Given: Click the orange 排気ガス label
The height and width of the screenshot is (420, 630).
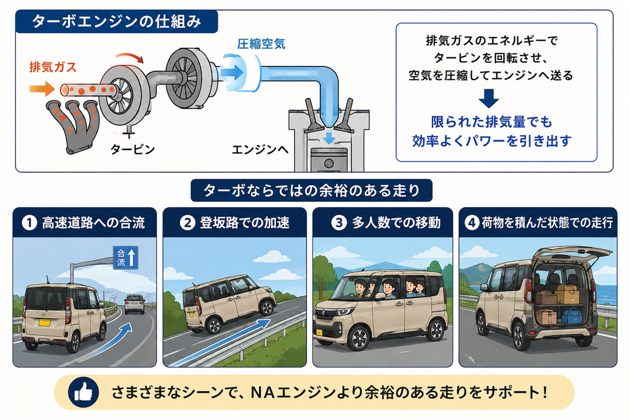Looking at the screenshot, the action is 53,66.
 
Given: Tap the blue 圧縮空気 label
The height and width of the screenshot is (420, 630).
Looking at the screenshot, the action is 261,44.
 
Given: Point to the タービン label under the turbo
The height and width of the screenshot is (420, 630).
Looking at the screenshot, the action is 133,149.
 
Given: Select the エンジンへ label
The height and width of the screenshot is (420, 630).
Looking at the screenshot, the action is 260,150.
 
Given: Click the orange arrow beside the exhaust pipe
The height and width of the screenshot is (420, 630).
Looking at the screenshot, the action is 42,89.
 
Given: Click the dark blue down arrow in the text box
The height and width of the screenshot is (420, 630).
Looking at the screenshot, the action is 488,99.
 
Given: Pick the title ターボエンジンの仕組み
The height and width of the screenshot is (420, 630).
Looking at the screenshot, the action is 116,22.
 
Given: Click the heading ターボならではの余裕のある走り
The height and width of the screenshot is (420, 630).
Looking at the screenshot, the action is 312,191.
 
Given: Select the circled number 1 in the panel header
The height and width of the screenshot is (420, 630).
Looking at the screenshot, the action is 29,223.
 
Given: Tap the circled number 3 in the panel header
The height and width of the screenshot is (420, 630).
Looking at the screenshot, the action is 339,223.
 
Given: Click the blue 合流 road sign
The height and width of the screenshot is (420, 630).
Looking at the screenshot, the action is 126,258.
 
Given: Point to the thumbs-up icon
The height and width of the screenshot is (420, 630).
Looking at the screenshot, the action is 84,392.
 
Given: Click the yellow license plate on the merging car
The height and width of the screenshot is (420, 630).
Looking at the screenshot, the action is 44,322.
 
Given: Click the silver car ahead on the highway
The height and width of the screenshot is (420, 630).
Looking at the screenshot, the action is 135,304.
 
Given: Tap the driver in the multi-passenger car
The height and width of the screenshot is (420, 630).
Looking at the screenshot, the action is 360,288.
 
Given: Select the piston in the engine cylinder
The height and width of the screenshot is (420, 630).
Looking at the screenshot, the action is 329,159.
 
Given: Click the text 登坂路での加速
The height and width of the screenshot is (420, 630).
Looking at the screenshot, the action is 245,223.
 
